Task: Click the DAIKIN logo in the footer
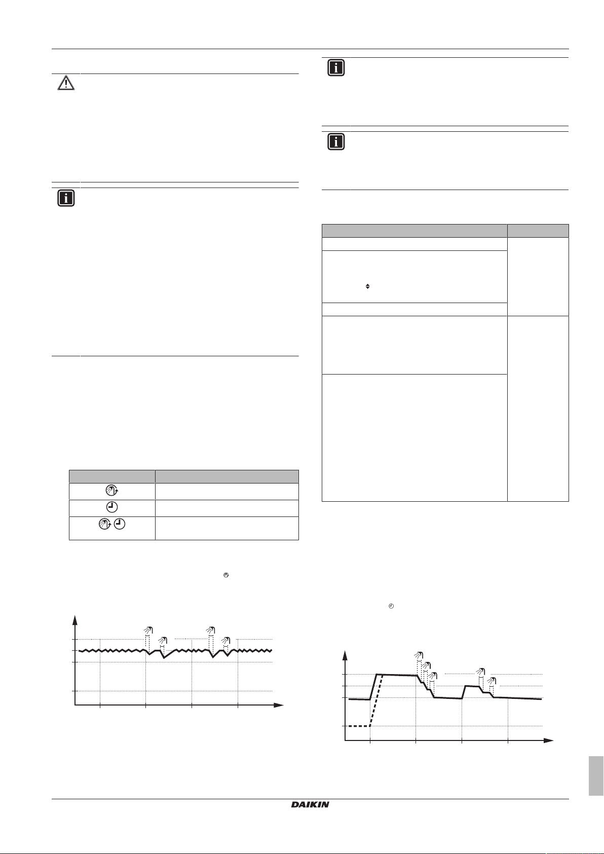tap(310, 804)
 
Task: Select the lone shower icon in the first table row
tap(111, 491)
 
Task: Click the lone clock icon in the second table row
tap(111, 507)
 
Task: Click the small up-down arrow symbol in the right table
tap(367, 287)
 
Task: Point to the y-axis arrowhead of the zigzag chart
tap(75, 619)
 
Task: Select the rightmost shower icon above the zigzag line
tap(226, 641)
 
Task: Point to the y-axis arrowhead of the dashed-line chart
tap(345, 655)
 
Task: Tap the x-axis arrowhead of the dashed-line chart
tap(549, 740)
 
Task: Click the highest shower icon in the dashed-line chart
tap(418, 656)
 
